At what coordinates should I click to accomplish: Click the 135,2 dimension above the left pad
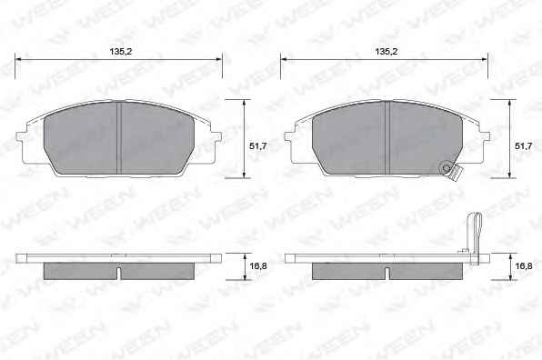click(x=121, y=52)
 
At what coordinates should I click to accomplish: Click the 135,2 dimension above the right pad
click(x=386, y=52)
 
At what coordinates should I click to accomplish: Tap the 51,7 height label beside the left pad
click(x=258, y=146)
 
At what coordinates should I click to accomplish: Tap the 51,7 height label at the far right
click(x=523, y=146)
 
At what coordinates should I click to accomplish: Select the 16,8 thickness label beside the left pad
click(x=258, y=266)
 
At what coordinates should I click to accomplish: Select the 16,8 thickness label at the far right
click(x=523, y=266)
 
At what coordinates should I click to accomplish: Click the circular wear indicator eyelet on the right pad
click(x=447, y=168)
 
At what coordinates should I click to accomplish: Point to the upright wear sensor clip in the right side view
click(x=474, y=238)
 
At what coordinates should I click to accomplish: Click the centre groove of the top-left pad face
click(x=119, y=137)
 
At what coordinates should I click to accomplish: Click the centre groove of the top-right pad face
click(x=387, y=137)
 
